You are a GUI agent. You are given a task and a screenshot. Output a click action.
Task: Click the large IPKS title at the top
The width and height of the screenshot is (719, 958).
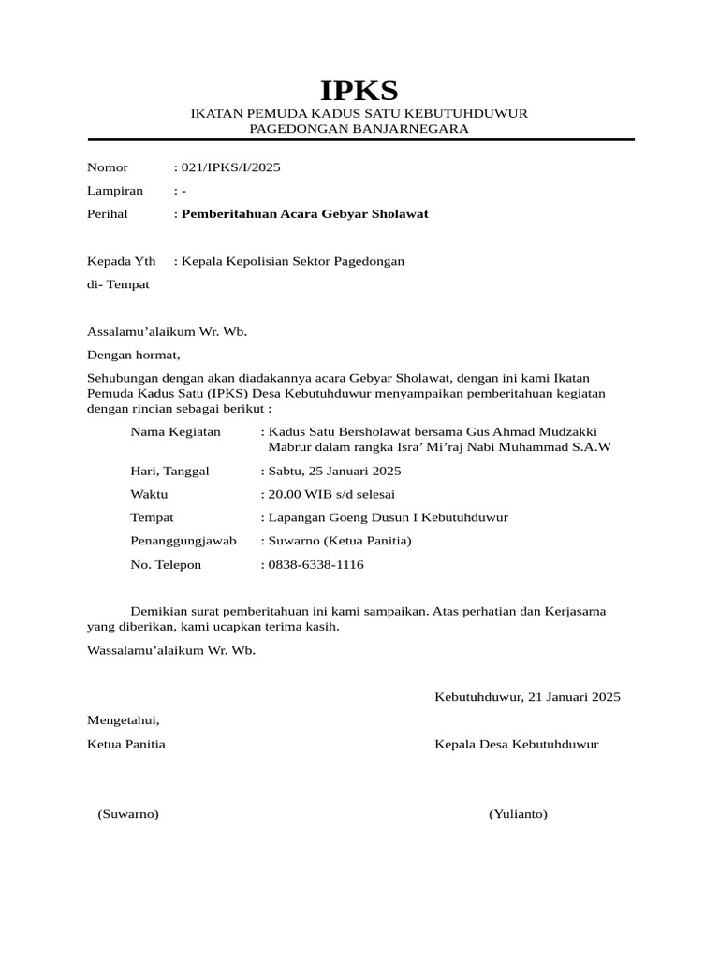click(x=359, y=91)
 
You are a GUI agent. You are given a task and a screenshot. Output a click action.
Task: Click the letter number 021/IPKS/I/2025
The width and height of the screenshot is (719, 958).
click(x=229, y=167)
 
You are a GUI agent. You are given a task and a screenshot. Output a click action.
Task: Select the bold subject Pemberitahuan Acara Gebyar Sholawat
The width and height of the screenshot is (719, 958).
click(x=303, y=214)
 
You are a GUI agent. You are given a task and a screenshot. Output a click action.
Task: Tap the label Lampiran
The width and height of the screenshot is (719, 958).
click(x=115, y=191)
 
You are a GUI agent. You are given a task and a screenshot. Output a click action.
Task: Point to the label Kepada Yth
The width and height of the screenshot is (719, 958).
click(x=122, y=261)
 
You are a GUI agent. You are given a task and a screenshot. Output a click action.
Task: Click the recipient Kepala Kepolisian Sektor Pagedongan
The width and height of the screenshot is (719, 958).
click(x=292, y=261)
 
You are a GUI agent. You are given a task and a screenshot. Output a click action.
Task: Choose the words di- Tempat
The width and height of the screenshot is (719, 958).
click(x=118, y=284)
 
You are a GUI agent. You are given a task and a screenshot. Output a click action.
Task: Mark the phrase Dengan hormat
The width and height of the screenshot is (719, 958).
click(x=132, y=355)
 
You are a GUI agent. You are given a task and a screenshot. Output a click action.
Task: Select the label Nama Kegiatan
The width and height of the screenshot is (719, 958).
click(x=176, y=431)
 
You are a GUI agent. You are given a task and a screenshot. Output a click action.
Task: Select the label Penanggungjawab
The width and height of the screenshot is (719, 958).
click(x=183, y=541)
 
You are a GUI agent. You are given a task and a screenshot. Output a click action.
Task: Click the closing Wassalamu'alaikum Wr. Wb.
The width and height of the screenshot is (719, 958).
click(x=170, y=650)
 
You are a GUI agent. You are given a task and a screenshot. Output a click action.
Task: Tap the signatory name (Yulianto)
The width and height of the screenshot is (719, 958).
click(x=518, y=814)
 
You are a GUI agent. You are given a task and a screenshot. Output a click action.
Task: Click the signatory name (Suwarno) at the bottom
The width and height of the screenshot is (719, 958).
click(x=128, y=814)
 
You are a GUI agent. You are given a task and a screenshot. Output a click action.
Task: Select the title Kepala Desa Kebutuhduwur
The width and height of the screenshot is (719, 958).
click(x=516, y=745)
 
